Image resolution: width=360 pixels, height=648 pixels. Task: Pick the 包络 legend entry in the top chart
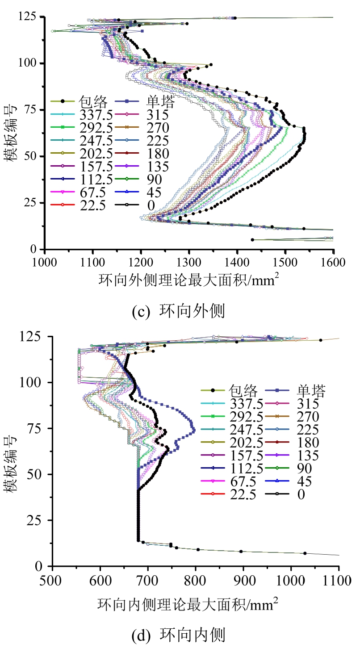(x=93, y=101)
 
